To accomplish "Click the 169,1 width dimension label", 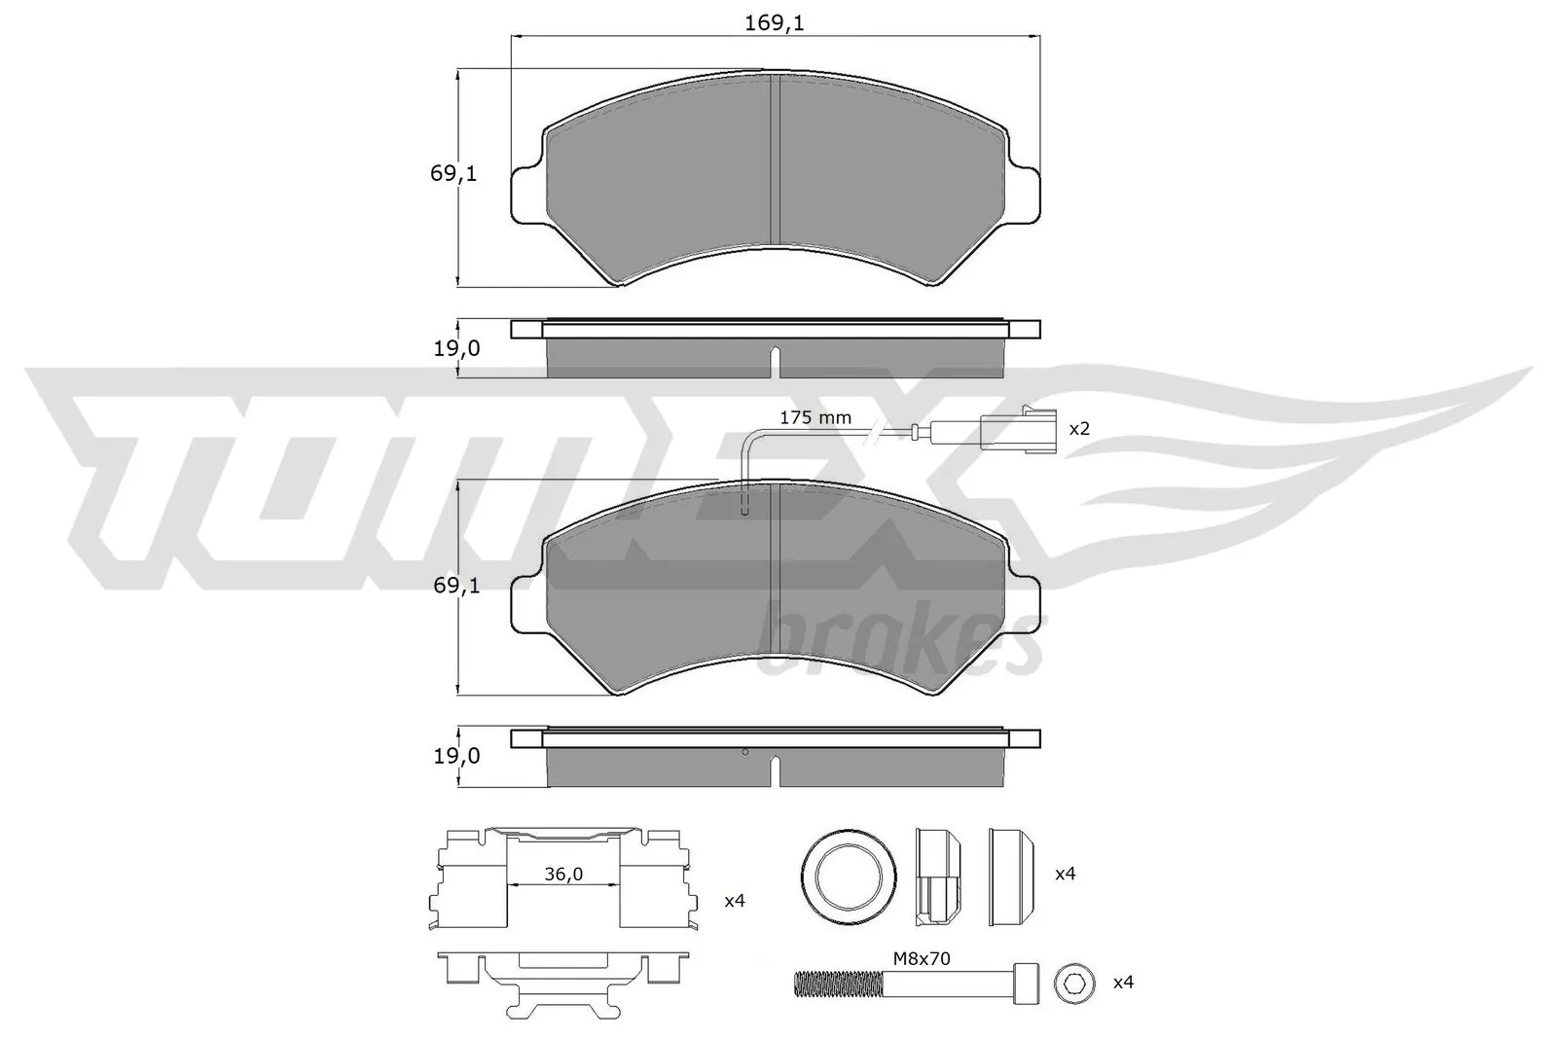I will coord(775,22).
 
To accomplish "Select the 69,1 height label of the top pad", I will coord(453,174).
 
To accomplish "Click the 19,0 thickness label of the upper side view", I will coord(456,347).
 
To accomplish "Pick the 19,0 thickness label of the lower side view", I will coord(456,755).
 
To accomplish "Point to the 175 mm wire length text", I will coord(815,417).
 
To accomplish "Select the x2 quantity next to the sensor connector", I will coord(1078,428).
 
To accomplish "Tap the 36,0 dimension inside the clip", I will coord(562,875).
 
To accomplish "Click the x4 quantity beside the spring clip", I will coord(734,901).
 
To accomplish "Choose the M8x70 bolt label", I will coord(922,958).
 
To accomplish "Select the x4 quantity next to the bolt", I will coord(1123,983).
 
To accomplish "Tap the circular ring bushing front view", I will coord(848,875).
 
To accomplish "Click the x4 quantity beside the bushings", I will coord(1065,874).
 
